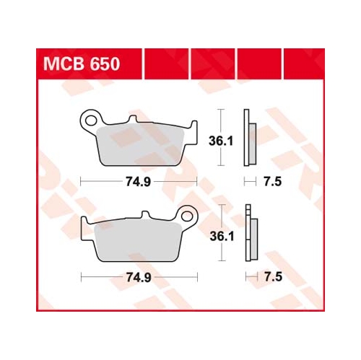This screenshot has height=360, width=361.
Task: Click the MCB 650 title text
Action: [x=82, y=63]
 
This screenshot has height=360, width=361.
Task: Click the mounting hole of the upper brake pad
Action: [x=91, y=120]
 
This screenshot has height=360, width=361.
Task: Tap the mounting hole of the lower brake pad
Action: [x=187, y=216]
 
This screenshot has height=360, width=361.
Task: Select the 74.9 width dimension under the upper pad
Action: [x=139, y=182]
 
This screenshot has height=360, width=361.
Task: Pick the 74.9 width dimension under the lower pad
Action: [x=139, y=278]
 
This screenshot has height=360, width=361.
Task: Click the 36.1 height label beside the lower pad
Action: [x=222, y=237]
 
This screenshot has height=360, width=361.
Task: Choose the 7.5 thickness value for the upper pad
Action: [x=272, y=182]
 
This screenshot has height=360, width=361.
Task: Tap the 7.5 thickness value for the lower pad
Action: [x=273, y=277]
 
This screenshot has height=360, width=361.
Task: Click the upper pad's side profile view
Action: [x=250, y=138]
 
